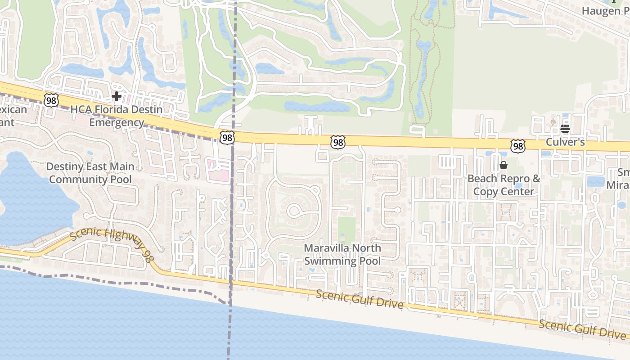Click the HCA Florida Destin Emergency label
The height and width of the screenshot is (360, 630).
pos(117,116)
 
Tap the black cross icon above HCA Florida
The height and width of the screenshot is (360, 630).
pos(117,96)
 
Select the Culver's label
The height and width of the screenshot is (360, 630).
pos(565,142)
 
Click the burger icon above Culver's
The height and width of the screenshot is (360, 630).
pos(565,129)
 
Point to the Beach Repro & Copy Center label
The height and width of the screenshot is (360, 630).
pos(504,185)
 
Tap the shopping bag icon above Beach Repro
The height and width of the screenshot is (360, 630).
pos(504,166)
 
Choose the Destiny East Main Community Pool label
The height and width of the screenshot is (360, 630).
pos(90,173)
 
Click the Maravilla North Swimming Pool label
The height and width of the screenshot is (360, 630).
pos(342,254)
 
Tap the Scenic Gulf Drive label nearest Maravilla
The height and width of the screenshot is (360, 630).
pos(359,299)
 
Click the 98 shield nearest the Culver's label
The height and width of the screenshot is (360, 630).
pos(518,146)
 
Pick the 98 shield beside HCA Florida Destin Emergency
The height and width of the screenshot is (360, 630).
pos(51,100)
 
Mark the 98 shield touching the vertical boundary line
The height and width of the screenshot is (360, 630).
pos(227,138)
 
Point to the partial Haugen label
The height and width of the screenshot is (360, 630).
pos(605,11)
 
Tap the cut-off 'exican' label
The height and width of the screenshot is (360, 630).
pos(13,109)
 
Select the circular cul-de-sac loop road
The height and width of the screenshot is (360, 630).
pos(295,210)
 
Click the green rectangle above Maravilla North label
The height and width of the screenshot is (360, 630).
pos(346,230)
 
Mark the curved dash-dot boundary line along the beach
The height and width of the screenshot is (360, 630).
pos(135,283)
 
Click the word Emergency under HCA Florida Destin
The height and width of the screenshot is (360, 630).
pos(117,122)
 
